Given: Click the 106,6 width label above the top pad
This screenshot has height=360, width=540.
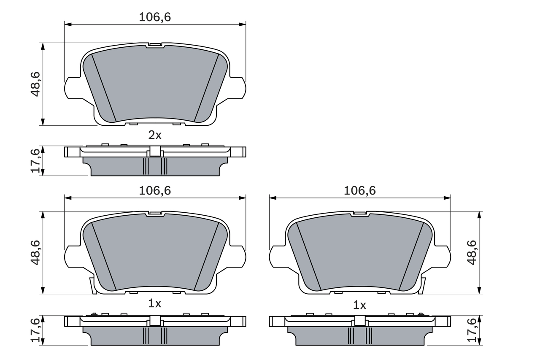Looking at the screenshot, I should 155,17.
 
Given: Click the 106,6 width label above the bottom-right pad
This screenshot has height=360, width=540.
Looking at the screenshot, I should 359,191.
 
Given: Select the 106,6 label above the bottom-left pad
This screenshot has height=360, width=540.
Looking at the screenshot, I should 155,191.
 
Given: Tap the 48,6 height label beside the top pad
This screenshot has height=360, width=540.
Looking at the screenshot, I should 35,84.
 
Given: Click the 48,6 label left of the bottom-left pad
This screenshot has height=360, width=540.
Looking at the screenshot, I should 35,252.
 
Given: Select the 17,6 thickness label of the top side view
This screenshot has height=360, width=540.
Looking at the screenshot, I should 35,160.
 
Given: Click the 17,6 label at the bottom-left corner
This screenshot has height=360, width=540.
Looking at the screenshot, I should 35,330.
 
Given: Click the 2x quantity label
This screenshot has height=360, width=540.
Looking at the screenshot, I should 155,135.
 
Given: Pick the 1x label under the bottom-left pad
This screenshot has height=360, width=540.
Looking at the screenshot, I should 155,303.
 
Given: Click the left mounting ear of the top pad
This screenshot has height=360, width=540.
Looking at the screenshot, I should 72,88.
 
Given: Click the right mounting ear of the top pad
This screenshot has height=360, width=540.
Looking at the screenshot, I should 238,88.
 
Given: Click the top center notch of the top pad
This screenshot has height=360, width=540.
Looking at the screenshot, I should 155,45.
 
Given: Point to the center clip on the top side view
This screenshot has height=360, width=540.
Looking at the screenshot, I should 155,151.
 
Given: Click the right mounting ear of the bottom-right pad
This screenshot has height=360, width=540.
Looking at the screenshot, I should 443,257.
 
